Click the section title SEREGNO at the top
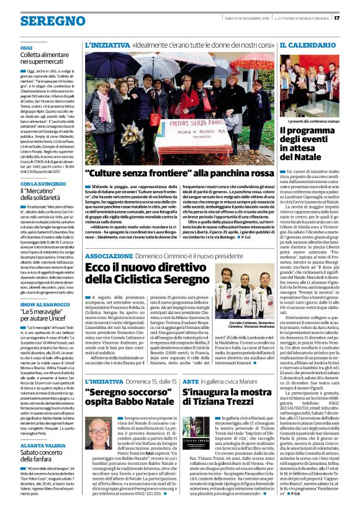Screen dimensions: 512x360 click(x=44, y=20)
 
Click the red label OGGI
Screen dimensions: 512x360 click(x=26, y=48)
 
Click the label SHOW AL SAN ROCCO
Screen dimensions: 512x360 click(x=43, y=304)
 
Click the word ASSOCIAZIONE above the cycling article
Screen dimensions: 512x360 click(x=109, y=238)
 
